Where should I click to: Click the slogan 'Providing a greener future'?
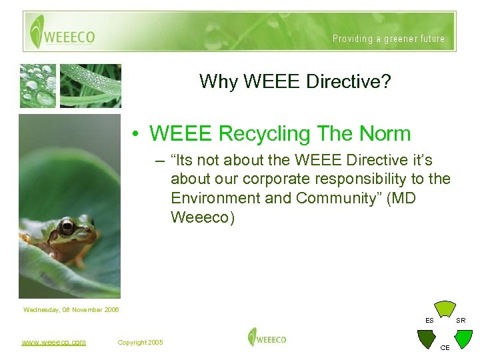[x=389, y=39]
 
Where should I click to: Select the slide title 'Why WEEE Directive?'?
[x=295, y=82]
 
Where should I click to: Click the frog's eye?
[x=67, y=227]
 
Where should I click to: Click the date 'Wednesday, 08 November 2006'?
[x=71, y=309]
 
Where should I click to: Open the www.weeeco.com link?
[x=53, y=342]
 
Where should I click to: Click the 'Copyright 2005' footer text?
[x=140, y=342]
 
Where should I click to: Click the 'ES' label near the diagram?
[x=430, y=321]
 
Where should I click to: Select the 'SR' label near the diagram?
[x=461, y=321]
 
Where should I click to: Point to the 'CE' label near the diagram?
[x=445, y=347]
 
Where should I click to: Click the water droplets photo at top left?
[x=37, y=85]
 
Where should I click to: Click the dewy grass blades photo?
[x=91, y=85]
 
